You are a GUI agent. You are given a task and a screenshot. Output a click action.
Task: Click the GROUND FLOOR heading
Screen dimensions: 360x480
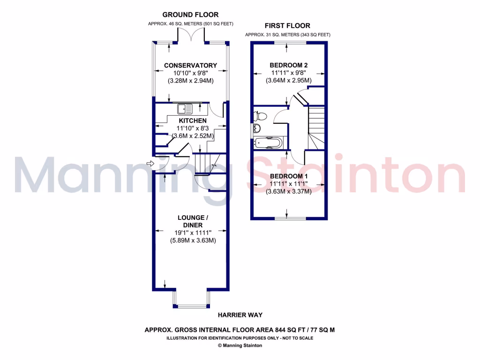[x=190, y=15]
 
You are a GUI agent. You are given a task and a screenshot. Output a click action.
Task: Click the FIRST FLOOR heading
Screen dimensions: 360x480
[x=287, y=26]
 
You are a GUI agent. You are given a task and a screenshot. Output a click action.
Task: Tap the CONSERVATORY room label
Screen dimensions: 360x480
[x=190, y=66]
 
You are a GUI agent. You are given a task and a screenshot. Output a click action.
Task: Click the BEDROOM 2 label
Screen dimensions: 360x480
[x=288, y=65]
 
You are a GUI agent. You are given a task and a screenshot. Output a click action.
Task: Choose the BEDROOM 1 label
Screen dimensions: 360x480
[x=288, y=176]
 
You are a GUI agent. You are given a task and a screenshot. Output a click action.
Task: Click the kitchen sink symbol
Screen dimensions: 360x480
[x=185, y=109]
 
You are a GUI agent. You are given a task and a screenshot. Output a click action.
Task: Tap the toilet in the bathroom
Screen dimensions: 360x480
[x=261, y=116]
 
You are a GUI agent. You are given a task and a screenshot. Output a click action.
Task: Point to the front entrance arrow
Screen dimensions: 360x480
[x=150, y=164]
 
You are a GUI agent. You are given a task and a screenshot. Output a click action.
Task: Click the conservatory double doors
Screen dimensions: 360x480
[x=191, y=35]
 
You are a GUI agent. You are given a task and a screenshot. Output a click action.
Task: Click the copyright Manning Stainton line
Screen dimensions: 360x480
[x=240, y=346]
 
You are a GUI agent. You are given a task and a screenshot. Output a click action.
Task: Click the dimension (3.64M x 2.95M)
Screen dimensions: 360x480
[x=288, y=80]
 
